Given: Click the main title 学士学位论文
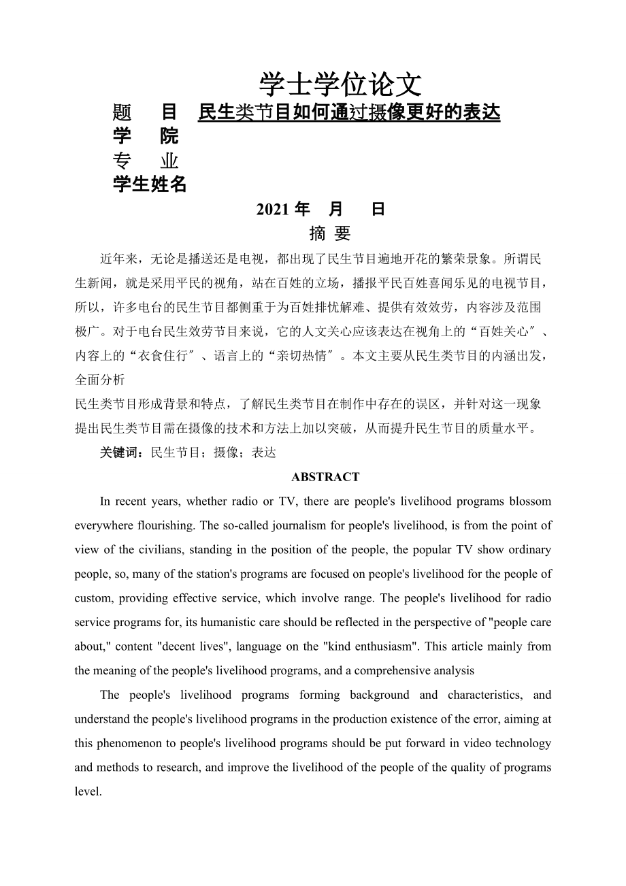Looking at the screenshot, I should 340,84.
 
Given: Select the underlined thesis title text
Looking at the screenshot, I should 349,112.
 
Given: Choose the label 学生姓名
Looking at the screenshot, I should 150,184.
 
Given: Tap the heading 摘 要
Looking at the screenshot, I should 330,233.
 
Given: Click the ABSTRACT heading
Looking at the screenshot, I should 325,477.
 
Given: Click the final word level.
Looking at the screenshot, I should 88,792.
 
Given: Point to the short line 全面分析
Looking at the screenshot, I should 99,379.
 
